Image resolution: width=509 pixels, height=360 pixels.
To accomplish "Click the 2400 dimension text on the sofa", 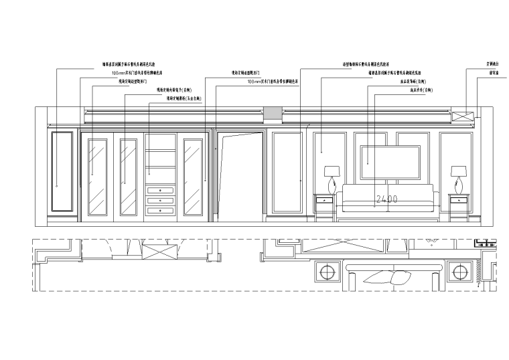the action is click(387, 199).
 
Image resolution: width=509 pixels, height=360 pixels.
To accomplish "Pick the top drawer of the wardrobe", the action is click(161, 191).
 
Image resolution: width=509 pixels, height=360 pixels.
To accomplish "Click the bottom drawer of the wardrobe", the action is click(161, 211).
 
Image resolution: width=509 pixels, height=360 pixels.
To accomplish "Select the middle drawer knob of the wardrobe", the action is click(161, 201).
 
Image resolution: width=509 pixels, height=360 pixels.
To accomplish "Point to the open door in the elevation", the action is click(241, 174).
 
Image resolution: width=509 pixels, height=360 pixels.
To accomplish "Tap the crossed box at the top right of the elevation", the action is click(462, 116).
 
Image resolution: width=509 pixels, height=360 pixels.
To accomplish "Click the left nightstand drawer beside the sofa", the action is click(325, 199).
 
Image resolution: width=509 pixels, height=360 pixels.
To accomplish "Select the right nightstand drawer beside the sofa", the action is click(459, 199).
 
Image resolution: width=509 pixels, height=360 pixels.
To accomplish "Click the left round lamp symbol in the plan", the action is click(328, 272).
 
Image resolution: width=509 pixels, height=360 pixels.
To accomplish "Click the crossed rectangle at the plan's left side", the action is click(157, 254).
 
